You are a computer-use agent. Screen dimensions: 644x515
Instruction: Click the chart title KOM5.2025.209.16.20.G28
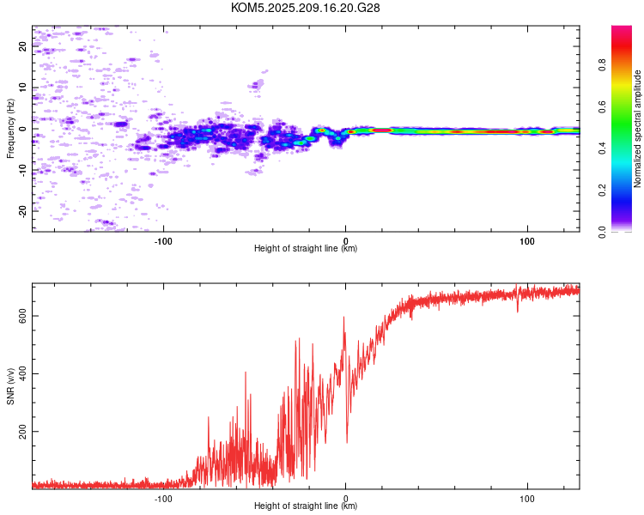click(305, 8)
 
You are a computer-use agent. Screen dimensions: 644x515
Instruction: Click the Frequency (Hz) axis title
click(10, 129)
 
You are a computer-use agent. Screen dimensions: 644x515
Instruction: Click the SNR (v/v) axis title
click(10, 386)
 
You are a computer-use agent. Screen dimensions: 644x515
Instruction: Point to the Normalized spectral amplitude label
click(637, 129)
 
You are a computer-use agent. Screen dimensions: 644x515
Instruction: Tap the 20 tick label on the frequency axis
click(22, 46)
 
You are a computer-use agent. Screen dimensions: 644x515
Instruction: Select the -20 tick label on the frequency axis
click(22, 211)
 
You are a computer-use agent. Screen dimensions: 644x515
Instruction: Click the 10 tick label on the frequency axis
click(22, 87)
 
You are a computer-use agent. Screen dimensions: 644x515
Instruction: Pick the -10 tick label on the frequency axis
click(22, 170)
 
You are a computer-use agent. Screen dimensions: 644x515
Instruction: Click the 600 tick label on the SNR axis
click(22, 316)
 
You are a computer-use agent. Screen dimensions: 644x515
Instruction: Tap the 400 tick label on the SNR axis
click(22, 373)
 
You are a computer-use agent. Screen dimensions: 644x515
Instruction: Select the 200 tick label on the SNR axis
click(22, 432)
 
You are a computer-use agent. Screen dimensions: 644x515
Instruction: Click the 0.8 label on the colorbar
click(602, 65)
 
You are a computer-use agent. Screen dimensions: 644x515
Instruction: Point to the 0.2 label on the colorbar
click(602, 191)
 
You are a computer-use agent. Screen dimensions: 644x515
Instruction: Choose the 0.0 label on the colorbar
click(602, 232)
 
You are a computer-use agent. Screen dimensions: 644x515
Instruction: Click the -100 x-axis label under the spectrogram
click(163, 241)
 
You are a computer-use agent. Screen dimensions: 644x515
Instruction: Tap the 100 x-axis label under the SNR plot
click(527, 499)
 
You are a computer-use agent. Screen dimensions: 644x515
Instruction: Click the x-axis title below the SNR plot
click(306, 506)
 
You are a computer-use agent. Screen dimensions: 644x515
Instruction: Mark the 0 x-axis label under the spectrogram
click(345, 241)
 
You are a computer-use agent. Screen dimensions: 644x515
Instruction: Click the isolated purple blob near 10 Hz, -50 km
click(256, 85)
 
